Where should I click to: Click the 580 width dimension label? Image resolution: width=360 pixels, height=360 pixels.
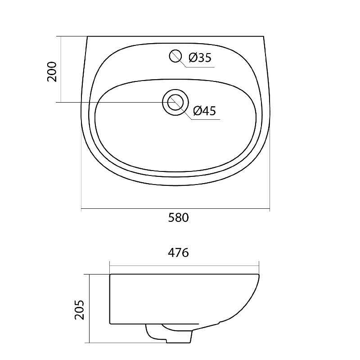178,218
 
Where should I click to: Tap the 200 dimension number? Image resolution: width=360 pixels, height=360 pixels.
52,72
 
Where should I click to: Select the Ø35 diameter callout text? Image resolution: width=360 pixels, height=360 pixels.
200,58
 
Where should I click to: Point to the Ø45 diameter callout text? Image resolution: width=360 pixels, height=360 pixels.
204,111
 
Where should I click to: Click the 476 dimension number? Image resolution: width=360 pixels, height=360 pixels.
178,253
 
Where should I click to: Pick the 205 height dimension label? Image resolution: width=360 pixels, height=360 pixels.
80,310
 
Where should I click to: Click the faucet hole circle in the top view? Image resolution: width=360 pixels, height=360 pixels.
175,56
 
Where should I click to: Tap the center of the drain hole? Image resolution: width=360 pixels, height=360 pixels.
175,103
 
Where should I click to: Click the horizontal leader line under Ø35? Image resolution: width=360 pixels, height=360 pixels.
200,67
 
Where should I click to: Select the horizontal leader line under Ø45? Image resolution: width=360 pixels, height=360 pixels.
206,119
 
